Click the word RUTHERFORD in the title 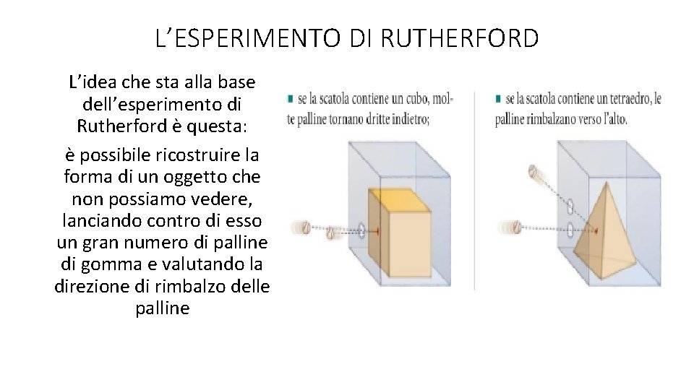459,38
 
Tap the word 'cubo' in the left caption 411,98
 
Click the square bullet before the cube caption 291,97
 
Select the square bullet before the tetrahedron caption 499,97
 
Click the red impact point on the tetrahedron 596,231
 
